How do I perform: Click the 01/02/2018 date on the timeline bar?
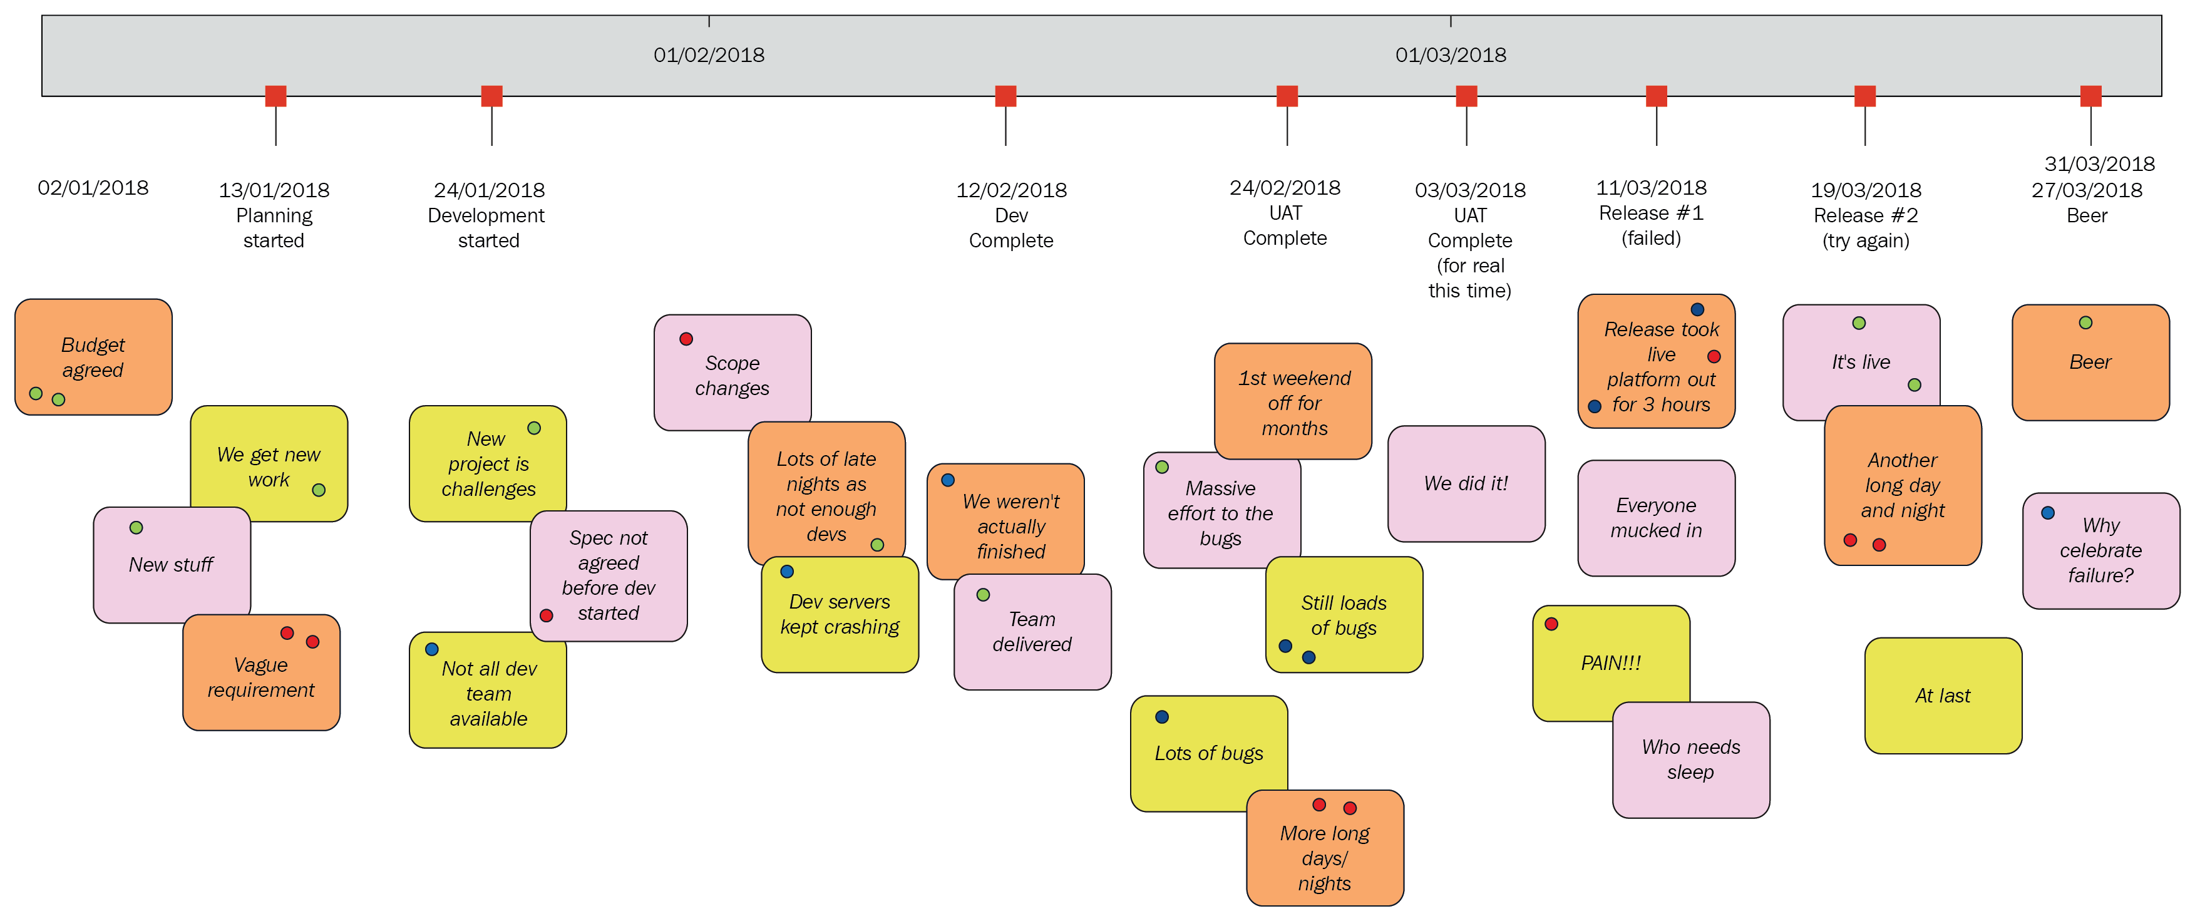709,55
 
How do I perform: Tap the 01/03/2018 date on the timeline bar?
1450,55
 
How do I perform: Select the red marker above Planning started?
275,95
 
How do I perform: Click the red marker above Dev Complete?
1005,95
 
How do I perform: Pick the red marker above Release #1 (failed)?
1655,95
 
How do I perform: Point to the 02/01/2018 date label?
93,187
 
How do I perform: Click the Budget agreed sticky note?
93,357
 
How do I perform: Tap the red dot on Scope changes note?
686,339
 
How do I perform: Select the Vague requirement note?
260,677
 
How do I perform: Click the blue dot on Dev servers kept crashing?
788,572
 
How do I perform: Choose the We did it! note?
1466,483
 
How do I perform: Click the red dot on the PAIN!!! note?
1551,624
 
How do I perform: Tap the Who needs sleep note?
1690,759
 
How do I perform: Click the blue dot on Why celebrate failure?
2048,513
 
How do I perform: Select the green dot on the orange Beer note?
2085,323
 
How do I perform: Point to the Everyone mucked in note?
1655,517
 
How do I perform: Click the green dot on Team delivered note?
984,595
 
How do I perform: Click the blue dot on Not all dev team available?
432,649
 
